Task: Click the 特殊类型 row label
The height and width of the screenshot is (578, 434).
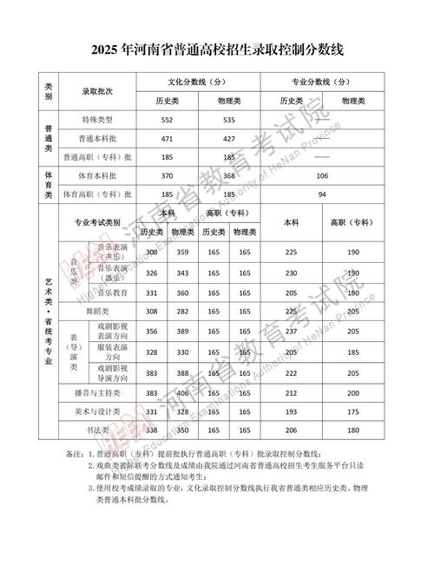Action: click(x=97, y=119)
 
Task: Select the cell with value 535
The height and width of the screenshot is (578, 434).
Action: click(x=229, y=119)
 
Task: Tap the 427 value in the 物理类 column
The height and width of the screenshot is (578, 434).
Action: click(x=229, y=138)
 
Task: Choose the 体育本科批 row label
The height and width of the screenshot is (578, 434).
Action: click(x=97, y=175)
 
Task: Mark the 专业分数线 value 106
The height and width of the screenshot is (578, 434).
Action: click(x=322, y=175)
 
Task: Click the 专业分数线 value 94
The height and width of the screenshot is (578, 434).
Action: click(x=322, y=194)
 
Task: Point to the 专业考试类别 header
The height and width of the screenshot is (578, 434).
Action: click(x=97, y=222)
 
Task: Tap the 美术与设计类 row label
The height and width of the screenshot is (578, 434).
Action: click(x=97, y=411)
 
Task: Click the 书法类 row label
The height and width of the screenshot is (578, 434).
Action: click(x=97, y=430)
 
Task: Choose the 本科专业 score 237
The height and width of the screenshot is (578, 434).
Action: click(x=292, y=332)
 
